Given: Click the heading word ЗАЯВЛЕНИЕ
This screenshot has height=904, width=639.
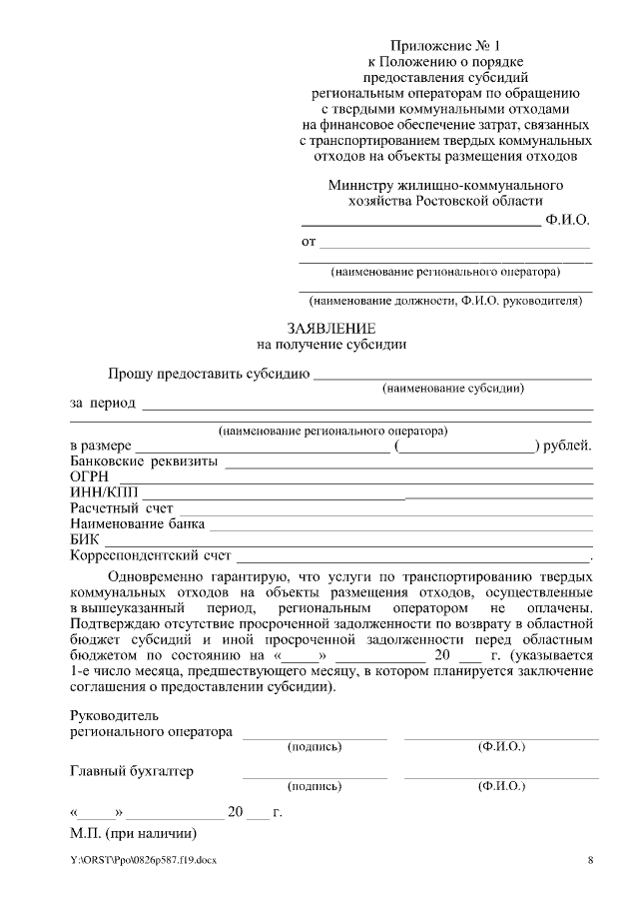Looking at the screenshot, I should click(x=330, y=328).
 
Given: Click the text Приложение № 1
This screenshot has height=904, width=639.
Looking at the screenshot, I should click(x=445, y=45).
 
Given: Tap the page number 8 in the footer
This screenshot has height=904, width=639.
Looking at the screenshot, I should click(x=590, y=860).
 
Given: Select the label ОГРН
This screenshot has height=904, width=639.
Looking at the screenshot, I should click(x=89, y=476).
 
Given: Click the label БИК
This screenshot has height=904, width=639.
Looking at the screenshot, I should click(x=85, y=539).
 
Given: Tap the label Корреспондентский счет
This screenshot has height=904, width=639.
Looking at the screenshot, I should click(x=150, y=554).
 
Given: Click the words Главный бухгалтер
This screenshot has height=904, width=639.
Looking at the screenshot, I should click(x=131, y=771).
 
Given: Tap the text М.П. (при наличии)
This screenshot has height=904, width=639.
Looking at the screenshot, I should click(x=133, y=832).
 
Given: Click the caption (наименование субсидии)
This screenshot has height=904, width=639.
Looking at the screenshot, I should click(x=453, y=388).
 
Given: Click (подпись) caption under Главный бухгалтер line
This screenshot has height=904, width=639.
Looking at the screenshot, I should click(x=315, y=786).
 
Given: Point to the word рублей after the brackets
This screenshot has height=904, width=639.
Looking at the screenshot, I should click(x=570, y=446).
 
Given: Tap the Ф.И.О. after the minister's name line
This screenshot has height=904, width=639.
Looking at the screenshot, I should click(x=568, y=219).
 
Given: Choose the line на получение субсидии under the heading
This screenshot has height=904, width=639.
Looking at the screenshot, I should click(x=330, y=344).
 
